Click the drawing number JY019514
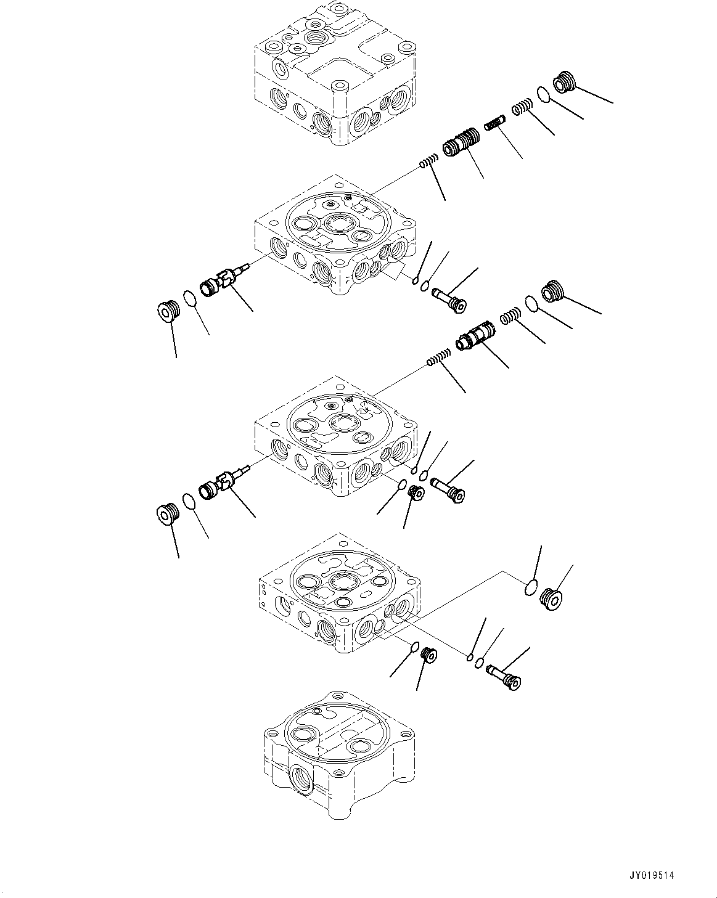click(652, 863)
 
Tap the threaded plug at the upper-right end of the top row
click(564, 82)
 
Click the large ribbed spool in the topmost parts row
click(460, 142)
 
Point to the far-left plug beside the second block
click(169, 311)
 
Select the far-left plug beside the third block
click(168, 513)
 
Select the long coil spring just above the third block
click(439, 357)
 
